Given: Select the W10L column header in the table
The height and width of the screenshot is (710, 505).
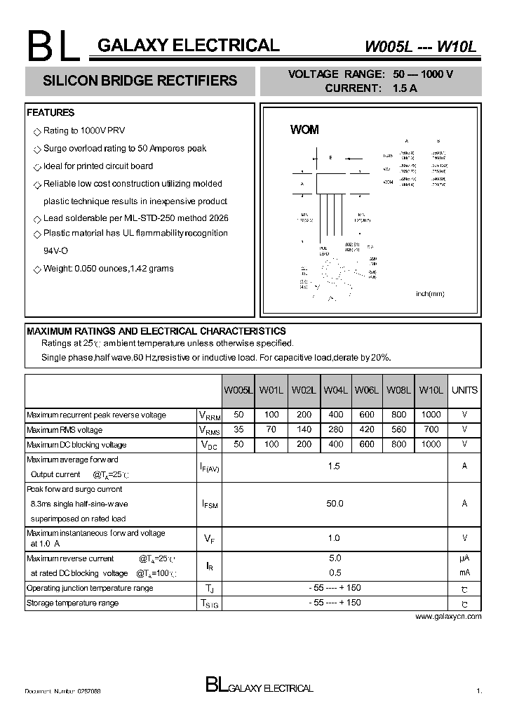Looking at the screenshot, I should point(431,391).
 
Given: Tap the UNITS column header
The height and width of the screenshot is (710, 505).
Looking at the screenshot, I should point(464,391).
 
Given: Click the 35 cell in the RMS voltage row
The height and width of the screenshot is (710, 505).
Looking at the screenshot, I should point(238,430).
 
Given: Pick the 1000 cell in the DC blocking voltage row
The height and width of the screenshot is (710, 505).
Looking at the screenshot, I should point(431,445).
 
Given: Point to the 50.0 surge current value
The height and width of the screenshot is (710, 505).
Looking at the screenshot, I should point(335,504).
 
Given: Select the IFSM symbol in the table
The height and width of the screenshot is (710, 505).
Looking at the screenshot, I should point(209,504).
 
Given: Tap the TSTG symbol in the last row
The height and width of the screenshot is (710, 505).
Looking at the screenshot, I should point(209,603).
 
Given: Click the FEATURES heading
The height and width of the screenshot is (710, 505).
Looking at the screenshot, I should point(50,113).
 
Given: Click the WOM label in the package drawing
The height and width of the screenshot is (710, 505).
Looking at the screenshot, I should point(304,130).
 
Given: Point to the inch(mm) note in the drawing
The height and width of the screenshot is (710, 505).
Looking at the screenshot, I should point(430,294).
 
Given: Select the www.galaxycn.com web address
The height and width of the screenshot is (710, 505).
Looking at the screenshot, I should point(448,617).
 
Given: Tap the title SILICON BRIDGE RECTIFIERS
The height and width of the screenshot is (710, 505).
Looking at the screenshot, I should point(140,81).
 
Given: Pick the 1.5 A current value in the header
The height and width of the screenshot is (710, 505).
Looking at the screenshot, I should point(405,88).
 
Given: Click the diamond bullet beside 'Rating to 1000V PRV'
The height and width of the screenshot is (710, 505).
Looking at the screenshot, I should point(37,132).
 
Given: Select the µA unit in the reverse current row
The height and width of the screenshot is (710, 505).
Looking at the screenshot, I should point(464,558).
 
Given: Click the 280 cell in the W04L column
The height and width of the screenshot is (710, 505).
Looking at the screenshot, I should point(335,430).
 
